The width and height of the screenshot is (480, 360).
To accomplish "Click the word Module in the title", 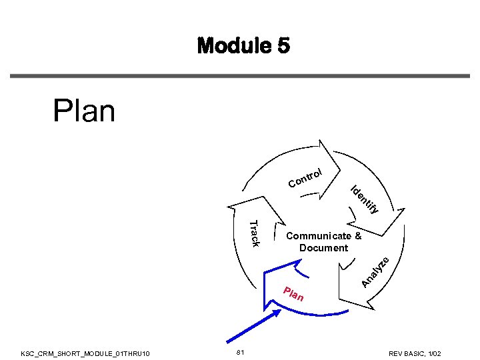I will click(230, 46).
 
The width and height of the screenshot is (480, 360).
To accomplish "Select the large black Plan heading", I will click(84, 111).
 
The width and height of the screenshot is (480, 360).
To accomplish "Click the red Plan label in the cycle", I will click(293, 293).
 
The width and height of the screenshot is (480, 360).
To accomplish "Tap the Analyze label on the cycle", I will click(374, 273).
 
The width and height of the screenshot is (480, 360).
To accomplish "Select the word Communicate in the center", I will click(318, 236).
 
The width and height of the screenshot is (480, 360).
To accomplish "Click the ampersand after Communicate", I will click(358, 236).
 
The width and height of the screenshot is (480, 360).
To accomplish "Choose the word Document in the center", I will click(323, 248).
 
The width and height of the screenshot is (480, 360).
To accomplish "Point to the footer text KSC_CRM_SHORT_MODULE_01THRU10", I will click(86, 353).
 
